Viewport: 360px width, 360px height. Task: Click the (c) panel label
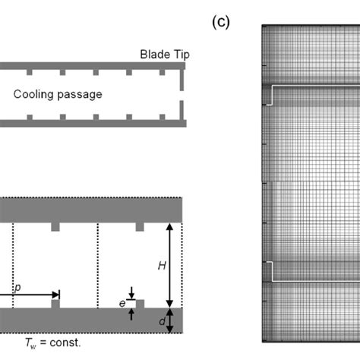pyautogui.click(x=219, y=22)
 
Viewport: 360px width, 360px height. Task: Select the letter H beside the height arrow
pyautogui.click(x=161, y=265)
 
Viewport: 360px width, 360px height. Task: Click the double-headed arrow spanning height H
pyautogui.click(x=170, y=265)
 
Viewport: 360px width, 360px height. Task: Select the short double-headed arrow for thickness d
pyautogui.click(x=170, y=321)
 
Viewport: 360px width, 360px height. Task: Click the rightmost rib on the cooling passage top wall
pyautogui.click(x=162, y=72)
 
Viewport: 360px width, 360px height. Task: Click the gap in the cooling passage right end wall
pyautogui.click(x=182, y=99)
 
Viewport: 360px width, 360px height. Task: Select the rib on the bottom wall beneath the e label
pyautogui.click(x=140, y=304)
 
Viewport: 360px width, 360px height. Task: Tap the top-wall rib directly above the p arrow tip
pyautogui.click(x=55, y=227)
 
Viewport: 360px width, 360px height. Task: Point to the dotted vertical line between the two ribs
pyautogui.click(x=97, y=265)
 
